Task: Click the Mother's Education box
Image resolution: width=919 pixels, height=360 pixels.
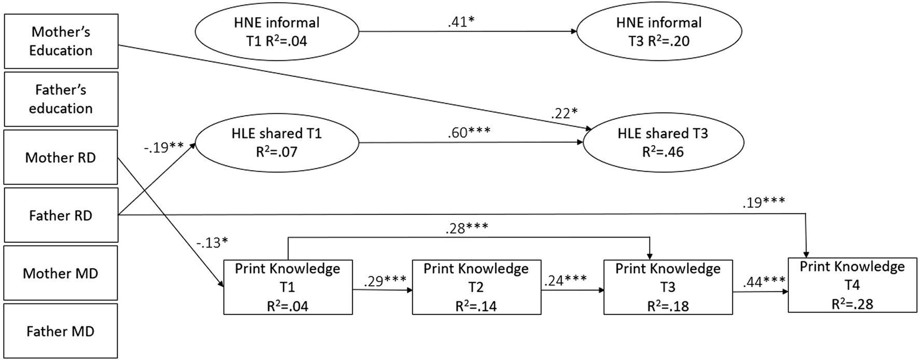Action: tap(61, 41)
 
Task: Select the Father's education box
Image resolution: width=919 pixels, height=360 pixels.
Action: tap(61, 99)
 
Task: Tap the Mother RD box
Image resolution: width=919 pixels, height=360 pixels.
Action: tap(61, 158)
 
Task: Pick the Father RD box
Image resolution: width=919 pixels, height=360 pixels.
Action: tap(61, 215)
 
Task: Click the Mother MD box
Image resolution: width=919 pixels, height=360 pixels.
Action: tap(61, 273)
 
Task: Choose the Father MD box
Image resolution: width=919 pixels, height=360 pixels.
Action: tap(61, 331)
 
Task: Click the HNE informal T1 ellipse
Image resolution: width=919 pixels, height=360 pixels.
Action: tap(276, 32)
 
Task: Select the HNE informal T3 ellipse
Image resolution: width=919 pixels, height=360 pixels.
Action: tap(659, 32)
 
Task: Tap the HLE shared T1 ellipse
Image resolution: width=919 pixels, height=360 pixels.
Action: tap(276, 142)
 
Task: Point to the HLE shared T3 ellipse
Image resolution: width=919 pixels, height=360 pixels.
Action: tap(663, 142)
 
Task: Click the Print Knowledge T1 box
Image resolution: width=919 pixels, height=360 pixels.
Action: tap(288, 287)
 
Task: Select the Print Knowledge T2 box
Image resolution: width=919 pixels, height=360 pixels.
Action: tap(476, 287)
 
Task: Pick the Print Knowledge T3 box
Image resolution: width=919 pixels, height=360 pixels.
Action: tap(668, 287)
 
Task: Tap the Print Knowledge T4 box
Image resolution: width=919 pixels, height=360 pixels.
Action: tap(852, 285)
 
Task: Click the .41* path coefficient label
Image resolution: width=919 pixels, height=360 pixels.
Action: tap(461, 22)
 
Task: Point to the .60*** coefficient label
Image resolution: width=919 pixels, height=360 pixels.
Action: tap(469, 132)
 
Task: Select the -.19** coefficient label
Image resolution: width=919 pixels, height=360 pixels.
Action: tap(163, 147)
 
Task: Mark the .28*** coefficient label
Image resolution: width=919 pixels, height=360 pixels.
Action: tap(466, 228)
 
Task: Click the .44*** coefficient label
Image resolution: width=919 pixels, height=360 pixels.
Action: tap(763, 282)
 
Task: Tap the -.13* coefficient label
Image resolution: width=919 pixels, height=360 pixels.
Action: tap(212, 242)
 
